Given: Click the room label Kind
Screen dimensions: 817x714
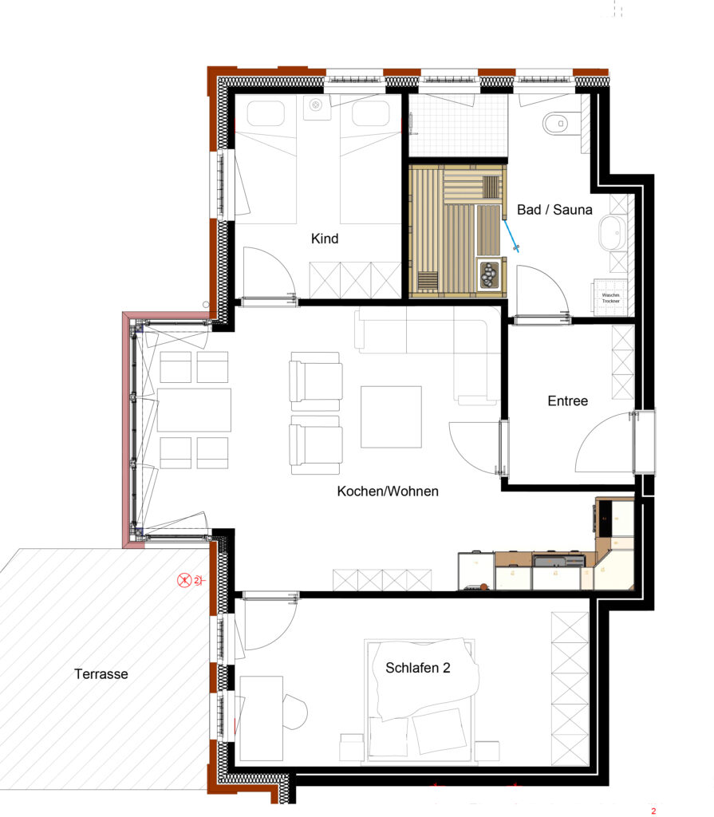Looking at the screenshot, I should click(x=325, y=239).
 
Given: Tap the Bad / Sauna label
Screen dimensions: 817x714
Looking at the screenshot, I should click(x=554, y=210).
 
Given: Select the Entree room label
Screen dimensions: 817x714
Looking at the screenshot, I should click(x=567, y=401).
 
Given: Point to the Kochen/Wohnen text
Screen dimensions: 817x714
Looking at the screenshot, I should click(x=388, y=491).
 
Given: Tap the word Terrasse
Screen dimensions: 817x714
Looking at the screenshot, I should click(x=101, y=674).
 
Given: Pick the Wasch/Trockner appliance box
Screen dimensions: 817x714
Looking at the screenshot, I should click(x=611, y=297).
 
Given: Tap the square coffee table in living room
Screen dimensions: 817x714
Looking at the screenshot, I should click(x=391, y=416).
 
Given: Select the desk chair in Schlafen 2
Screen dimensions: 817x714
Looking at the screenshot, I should click(x=296, y=710).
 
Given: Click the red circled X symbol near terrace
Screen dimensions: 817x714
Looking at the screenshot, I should click(x=185, y=581).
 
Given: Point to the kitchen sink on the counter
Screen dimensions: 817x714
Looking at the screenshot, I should click(x=549, y=561).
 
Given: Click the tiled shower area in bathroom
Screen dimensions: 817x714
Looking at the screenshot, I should click(x=458, y=126).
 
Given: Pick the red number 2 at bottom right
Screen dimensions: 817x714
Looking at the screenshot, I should click(x=653, y=811).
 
